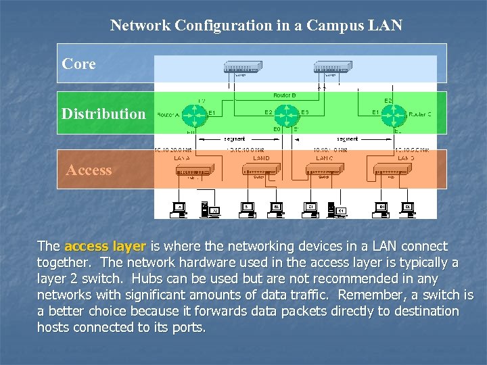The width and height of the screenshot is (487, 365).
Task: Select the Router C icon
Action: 396,114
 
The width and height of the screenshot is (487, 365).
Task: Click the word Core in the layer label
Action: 78,64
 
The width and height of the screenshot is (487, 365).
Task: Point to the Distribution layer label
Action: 103,114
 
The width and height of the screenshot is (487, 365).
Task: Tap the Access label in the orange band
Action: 89,170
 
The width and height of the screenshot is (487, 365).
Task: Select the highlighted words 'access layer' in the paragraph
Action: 105,246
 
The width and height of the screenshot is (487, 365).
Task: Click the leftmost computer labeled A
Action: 179,208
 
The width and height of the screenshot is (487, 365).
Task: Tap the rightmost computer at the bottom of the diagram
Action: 407,208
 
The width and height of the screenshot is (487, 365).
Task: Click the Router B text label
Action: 284,95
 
